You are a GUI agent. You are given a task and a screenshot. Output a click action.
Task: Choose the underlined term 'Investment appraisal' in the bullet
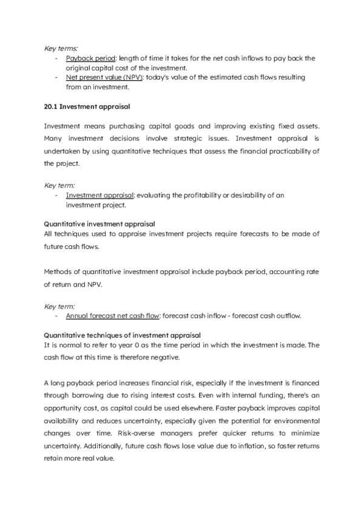point(100,195)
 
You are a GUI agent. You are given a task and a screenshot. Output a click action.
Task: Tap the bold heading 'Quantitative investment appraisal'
point(99,224)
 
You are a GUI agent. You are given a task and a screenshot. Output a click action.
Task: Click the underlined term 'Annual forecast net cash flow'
point(113,316)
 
